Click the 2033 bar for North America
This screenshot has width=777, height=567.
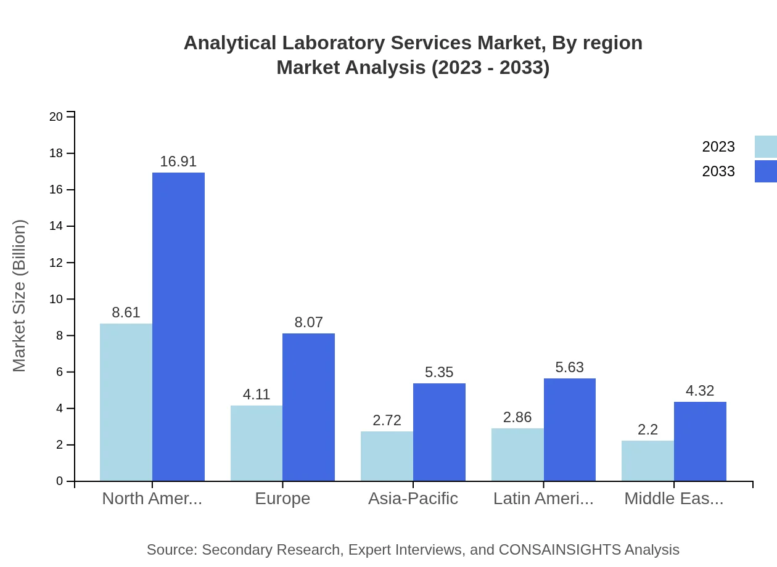(x=178, y=327)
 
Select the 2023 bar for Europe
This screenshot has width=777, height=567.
(x=257, y=443)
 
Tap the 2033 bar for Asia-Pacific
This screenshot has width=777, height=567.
(x=439, y=432)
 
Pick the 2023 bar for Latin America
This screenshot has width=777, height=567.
(x=517, y=455)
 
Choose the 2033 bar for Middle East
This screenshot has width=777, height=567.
(x=700, y=441)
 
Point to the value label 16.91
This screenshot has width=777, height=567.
(x=178, y=161)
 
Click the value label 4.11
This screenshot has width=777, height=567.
(x=257, y=394)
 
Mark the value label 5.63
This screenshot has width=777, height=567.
(x=569, y=367)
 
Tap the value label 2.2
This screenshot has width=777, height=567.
(x=647, y=430)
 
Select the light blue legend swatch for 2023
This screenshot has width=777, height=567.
(x=766, y=147)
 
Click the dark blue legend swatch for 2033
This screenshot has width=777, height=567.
(x=766, y=171)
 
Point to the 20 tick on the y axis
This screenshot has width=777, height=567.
(x=56, y=116)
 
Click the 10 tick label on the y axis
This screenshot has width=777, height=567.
(x=56, y=299)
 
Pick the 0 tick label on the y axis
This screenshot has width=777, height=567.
(x=59, y=481)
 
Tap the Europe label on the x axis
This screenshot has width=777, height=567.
(x=282, y=499)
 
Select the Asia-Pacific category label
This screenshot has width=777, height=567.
(x=413, y=499)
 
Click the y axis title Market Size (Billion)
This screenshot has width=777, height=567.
(x=20, y=296)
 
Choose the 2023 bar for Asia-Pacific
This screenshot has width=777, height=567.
(x=387, y=456)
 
